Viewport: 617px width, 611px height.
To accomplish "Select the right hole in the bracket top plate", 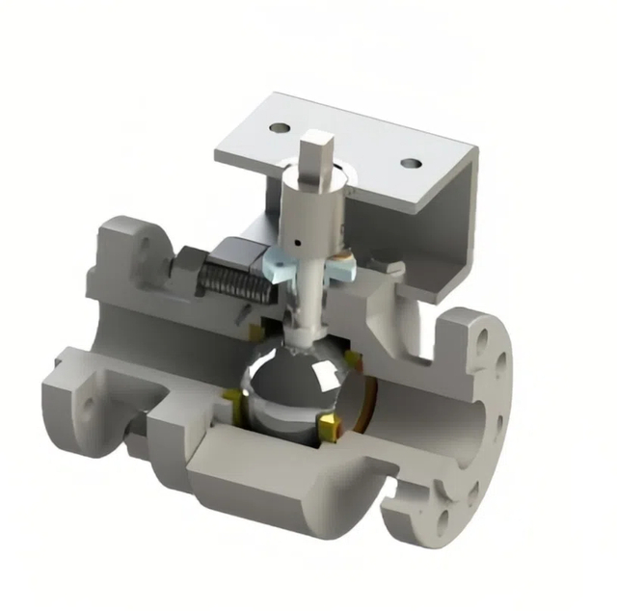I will pyautogui.click(x=410, y=163).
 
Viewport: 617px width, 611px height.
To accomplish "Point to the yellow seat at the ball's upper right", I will pyautogui.click(x=354, y=359).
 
